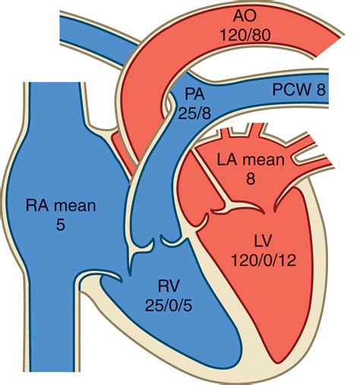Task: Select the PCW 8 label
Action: click(x=308, y=91)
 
